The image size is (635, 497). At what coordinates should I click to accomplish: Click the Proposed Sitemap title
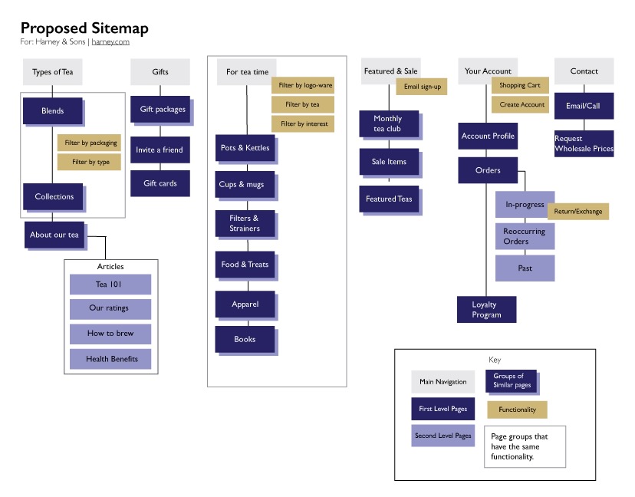84,28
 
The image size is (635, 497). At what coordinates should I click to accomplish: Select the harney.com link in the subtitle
110,42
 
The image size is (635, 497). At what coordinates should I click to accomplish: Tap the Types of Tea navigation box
52,72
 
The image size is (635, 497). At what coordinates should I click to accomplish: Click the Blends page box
52,111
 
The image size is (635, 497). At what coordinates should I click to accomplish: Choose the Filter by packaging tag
89,143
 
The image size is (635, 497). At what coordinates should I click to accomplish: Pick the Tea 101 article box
110,285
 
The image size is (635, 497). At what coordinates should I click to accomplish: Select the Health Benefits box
110,358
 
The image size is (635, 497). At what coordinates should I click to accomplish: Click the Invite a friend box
160,150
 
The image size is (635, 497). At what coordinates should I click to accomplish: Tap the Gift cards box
160,183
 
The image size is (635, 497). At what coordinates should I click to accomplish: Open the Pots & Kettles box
245,148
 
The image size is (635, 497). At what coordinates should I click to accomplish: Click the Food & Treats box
245,265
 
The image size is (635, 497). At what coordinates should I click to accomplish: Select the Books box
245,339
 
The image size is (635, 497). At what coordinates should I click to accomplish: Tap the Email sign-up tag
421,87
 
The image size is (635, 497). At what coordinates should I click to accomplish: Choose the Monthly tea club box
388,123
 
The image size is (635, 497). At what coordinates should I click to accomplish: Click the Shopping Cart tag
520,86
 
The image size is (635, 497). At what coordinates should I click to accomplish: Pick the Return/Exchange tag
577,211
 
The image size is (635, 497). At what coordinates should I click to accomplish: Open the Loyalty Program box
486,310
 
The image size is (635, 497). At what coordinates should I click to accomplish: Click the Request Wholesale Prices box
584,143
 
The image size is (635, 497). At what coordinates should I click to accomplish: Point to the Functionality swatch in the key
517,410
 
